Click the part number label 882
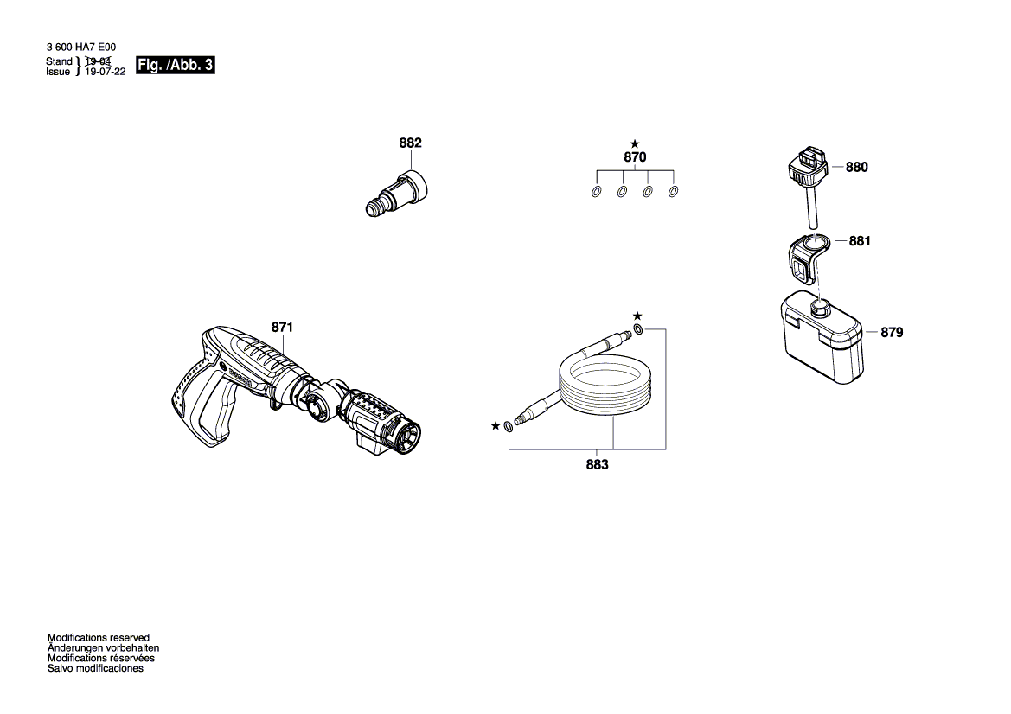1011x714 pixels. pos(410,143)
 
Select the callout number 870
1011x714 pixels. pos(635,158)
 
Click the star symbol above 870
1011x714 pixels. pos(635,143)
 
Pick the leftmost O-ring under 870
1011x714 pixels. pos(596,191)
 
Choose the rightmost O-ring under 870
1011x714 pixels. pos(675,191)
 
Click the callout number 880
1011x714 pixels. pos(856,168)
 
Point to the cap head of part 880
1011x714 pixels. pos(808,166)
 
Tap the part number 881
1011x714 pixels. pos(859,241)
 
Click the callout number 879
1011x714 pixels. pos(892,332)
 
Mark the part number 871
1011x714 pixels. pos(283,328)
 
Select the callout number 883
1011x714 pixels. pos(597,464)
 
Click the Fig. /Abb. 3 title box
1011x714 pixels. pos(176,67)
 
